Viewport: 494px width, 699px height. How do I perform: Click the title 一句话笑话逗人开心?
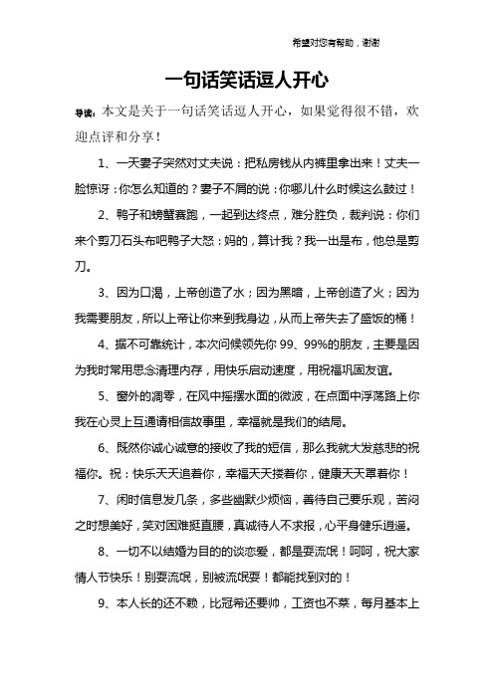pos(246,77)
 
